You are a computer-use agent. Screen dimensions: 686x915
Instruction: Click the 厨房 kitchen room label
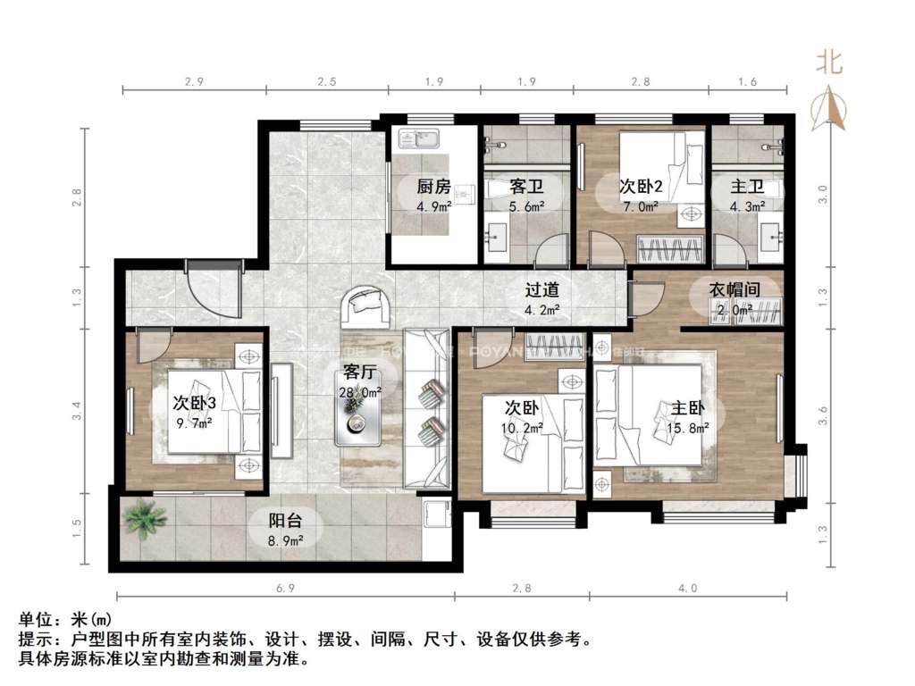coord(433,188)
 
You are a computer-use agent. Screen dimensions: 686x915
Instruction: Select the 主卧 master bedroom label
coord(690,409)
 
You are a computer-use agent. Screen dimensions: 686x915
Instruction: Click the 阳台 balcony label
coord(287,521)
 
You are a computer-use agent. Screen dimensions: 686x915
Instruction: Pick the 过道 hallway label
coord(541,291)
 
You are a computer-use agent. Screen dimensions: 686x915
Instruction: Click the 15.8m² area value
coord(690,428)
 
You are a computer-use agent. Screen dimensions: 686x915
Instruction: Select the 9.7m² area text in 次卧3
coord(195,422)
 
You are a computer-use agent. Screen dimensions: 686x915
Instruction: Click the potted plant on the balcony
coord(140,518)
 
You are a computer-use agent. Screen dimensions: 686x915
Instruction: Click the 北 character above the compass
coord(830,63)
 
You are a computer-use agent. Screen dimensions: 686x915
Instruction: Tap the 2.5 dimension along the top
coord(326,82)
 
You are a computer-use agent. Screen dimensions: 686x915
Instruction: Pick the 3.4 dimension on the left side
coord(78,412)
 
